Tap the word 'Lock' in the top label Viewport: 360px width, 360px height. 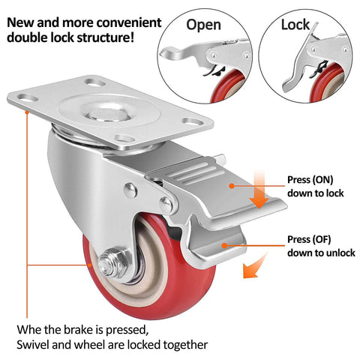[x=295, y=25]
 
